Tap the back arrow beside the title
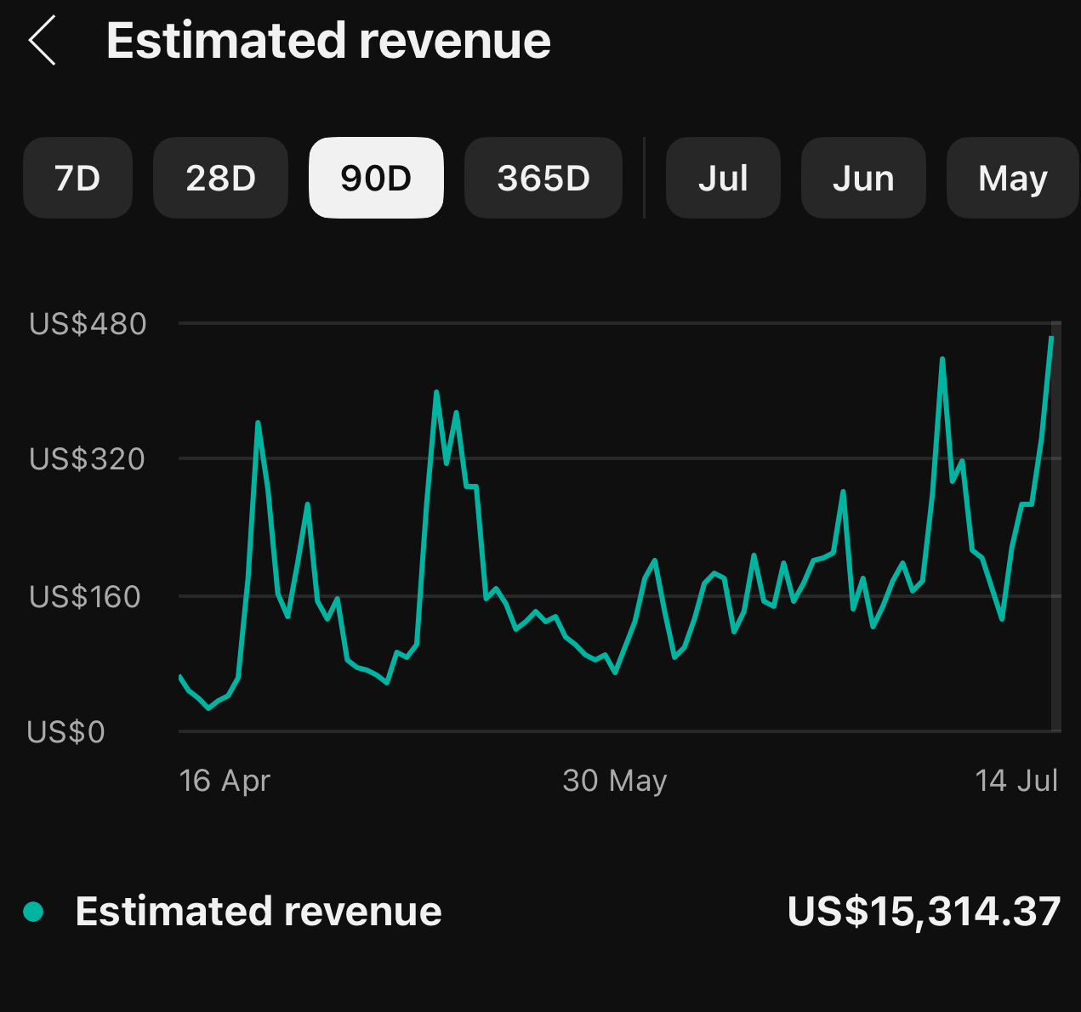pos(42,40)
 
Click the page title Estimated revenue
pos(328,41)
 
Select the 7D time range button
pos(77,179)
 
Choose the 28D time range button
pos(220,179)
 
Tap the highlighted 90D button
pos(376,179)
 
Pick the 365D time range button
pos(543,179)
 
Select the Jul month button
pos(723,179)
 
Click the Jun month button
pos(863,179)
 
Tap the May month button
pos(1012,179)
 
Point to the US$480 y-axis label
pos(88,324)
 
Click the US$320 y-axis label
pos(87,459)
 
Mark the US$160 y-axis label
pos(84,597)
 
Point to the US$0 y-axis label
pos(65,732)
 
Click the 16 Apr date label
pos(225,781)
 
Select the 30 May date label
pos(615,781)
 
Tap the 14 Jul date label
pos(1016,781)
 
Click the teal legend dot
pos(33,912)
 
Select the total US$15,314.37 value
pos(924,912)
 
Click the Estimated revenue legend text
pos(259,912)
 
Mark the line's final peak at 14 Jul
pos(1052,338)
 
